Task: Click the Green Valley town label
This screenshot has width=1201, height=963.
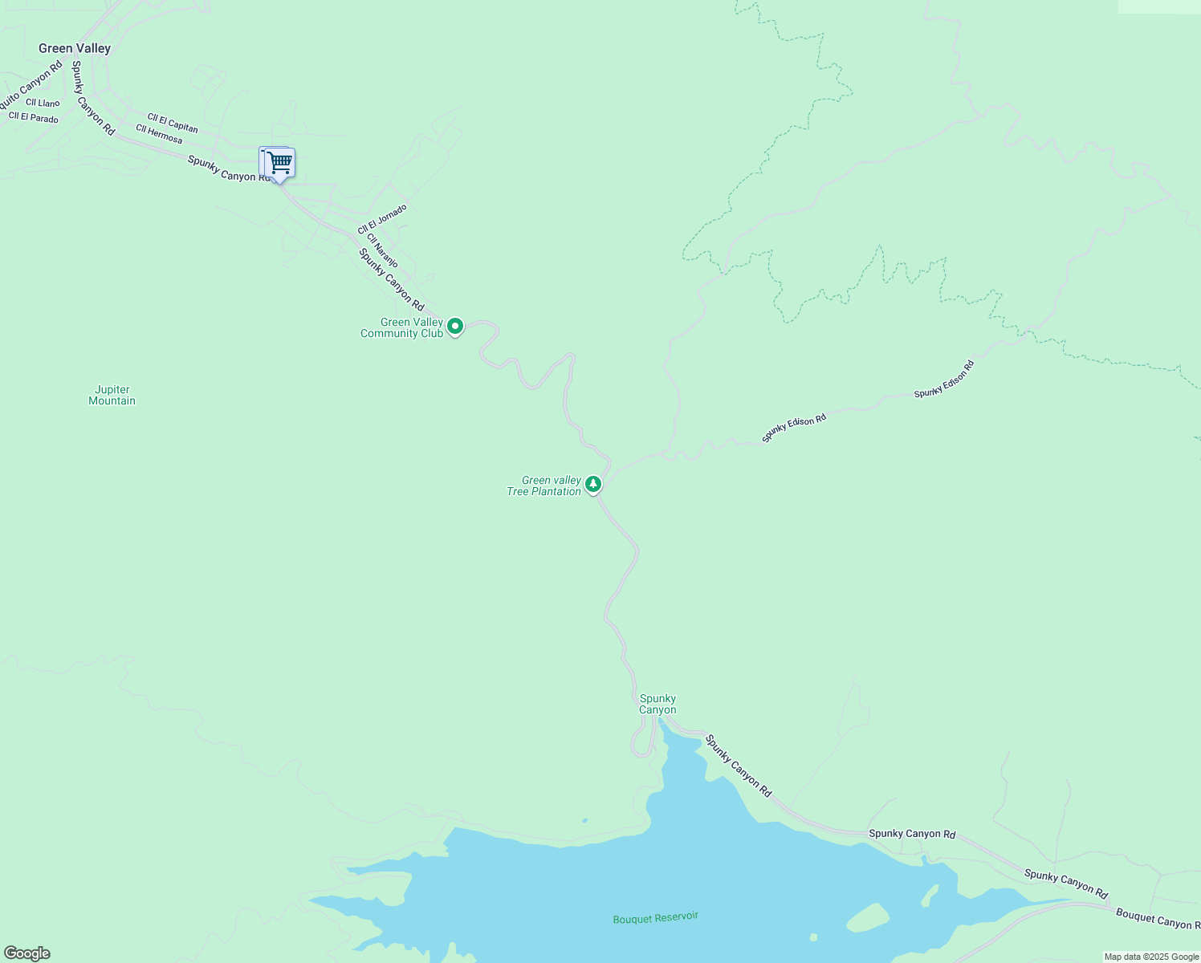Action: click(75, 48)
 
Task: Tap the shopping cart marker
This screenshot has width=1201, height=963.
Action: click(278, 164)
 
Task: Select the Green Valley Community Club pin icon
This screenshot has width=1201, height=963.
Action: click(455, 327)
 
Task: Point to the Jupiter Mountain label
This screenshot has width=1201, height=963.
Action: click(112, 396)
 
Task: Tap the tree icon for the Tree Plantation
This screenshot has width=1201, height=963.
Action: click(593, 484)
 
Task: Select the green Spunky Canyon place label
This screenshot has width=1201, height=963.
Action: click(657, 704)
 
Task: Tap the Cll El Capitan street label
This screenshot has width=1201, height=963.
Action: click(173, 123)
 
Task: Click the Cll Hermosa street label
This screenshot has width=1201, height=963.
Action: click(159, 134)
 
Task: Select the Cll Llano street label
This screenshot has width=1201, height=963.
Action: click(43, 103)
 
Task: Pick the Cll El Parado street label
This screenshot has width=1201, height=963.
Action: click(34, 118)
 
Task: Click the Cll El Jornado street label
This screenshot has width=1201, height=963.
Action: click(382, 219)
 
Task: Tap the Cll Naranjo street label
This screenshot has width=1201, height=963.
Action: click(382, 250)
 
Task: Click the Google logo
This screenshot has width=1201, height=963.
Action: click(26, 953)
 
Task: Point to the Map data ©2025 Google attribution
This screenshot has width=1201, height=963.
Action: click(1151, 957)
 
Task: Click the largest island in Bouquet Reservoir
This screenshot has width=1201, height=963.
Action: click(867, 918)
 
